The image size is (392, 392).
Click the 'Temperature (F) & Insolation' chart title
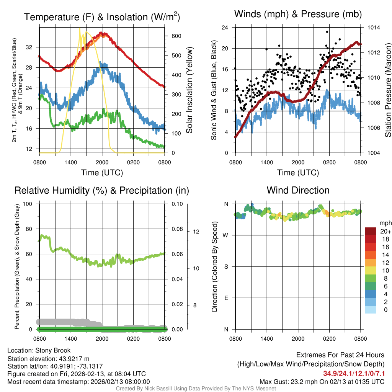point(102,17)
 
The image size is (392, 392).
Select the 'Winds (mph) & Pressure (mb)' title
point(298,15)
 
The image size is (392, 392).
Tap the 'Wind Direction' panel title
point(298,190)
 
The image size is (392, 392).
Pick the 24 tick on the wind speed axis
point(225,28)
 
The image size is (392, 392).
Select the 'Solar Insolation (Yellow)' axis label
point(189,90)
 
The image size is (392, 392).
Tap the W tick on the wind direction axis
point(226,235)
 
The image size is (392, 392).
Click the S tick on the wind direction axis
point(226,266)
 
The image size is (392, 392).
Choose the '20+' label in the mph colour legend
point(385,232)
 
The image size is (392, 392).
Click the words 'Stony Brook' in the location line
point(53,350)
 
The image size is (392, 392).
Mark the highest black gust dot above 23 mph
point(327,32)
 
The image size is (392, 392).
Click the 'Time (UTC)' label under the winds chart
point(298,173)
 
